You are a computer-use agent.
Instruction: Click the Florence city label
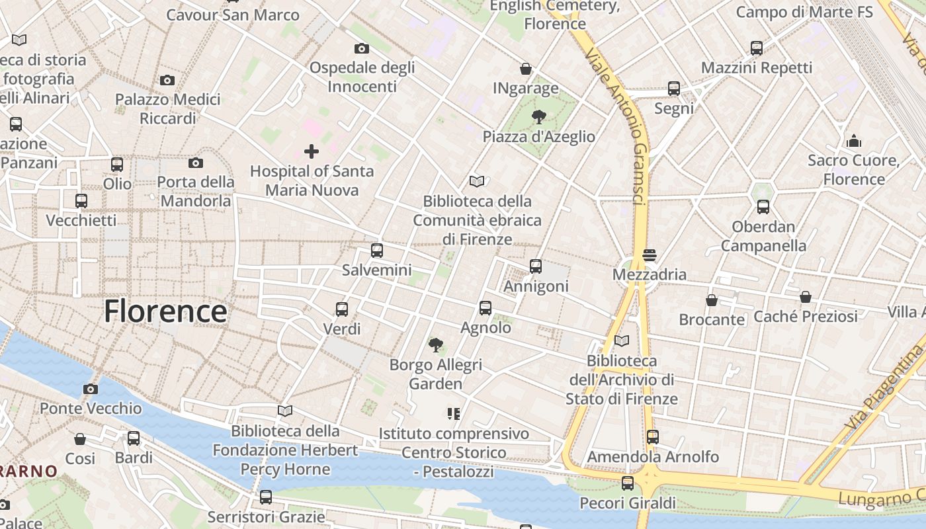pos(165,311)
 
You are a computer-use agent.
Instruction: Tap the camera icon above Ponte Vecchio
pos(91,389)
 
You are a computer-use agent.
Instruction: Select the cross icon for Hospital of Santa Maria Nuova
pos(311,151)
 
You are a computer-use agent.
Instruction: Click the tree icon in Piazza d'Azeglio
pos(539,118)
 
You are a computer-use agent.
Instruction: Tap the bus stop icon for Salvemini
pos(377,251)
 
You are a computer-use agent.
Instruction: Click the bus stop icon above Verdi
pos(342,309)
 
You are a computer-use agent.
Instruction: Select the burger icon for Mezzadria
pos(649,255)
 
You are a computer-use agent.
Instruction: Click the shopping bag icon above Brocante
pos(712,300)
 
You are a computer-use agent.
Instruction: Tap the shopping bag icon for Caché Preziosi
pos(806,297)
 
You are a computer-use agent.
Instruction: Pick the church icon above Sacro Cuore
pos(854,141)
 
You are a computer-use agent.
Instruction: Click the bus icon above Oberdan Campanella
pos(763,207)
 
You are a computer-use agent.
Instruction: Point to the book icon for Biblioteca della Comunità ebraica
pos(476,181)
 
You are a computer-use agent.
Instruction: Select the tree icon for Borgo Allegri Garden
pos(435,345)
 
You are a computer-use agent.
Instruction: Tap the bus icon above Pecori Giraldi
pos(628,483)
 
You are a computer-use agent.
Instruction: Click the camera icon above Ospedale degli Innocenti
pos(361,48)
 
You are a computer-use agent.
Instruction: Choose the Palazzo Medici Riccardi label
pos(168,108)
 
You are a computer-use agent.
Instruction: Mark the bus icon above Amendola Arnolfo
pos(653,436)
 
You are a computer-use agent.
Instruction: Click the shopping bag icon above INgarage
pos(526,69)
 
